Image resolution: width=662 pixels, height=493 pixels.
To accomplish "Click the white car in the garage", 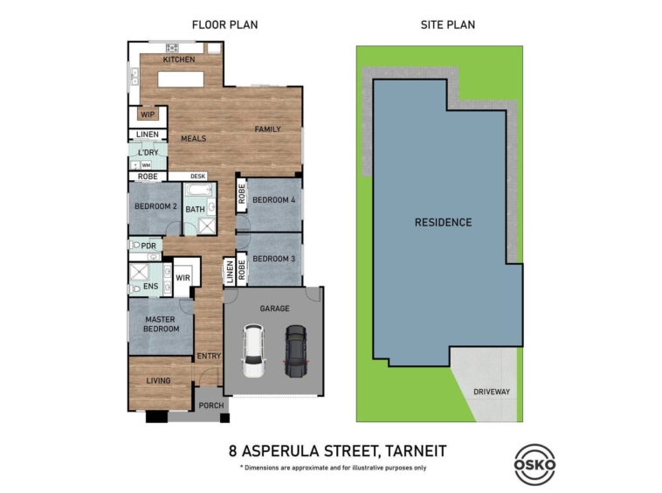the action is (253, 351).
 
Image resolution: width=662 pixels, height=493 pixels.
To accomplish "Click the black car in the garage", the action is (296, 351).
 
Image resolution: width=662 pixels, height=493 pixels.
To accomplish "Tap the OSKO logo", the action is (534, 464).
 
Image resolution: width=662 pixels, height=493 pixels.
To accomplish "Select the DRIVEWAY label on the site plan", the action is (492, 392).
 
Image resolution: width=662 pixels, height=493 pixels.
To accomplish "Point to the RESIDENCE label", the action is (443, 222).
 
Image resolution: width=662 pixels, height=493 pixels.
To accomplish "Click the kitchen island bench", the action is (181, 80).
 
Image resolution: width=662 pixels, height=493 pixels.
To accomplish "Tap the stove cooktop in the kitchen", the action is (172, 47).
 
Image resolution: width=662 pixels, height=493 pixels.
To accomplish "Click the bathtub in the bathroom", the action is (200, 190).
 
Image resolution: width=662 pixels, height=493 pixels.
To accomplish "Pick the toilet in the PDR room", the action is (134, 245).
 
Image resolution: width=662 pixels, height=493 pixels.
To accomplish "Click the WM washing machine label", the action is (146, 165).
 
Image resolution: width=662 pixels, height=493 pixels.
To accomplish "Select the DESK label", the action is (197, 177).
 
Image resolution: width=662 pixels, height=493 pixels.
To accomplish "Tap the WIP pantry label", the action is (148, 115).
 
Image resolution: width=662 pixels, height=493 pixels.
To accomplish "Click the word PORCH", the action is (211, 406).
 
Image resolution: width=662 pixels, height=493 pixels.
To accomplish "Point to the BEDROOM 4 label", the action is (273, 200).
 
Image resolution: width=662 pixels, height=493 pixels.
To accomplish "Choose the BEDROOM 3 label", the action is (273, 259).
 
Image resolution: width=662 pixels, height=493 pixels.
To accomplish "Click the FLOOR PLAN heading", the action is (224, 25).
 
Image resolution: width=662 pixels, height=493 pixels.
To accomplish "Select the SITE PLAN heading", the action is (447, 25).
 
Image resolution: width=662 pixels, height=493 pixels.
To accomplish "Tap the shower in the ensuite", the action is (139, 272).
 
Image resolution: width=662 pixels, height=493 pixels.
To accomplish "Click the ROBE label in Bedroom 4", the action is (242, 194).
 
